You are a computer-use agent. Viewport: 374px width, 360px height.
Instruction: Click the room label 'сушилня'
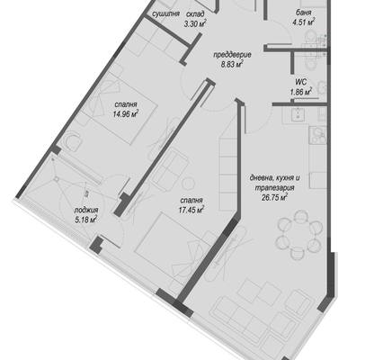(x=165, y=13)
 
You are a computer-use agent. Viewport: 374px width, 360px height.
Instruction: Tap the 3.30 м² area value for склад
(x=195, y=23)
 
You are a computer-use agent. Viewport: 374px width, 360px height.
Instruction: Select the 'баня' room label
(x=304, y=13)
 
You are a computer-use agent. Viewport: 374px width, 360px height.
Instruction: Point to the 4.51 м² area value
(x=304, y=22)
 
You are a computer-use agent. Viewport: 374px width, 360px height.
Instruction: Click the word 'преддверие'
(x=232, y=55)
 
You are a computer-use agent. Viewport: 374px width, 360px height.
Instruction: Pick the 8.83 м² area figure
(x=232, y=64)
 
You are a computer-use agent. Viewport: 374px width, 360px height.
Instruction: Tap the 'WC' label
(x=300, y=82)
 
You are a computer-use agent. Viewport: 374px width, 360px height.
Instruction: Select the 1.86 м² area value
(x=300, y=91)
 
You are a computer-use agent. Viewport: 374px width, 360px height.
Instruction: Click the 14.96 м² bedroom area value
(x=126, y=113)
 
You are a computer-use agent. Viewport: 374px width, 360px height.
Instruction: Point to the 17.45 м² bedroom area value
(x=191, y=210)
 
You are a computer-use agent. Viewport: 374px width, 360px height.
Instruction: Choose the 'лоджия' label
(x=86, y=211)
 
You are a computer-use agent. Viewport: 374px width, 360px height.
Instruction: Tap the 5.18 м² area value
(x=86, y=220)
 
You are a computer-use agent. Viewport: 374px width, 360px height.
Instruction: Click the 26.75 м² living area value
(x=274, y=197)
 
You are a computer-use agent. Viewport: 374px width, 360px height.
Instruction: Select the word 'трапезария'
(x=274, y=188)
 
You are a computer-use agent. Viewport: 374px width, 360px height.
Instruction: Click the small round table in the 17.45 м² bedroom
(x=189, y=183)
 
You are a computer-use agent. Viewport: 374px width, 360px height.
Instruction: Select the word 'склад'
(x=195, y=14)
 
